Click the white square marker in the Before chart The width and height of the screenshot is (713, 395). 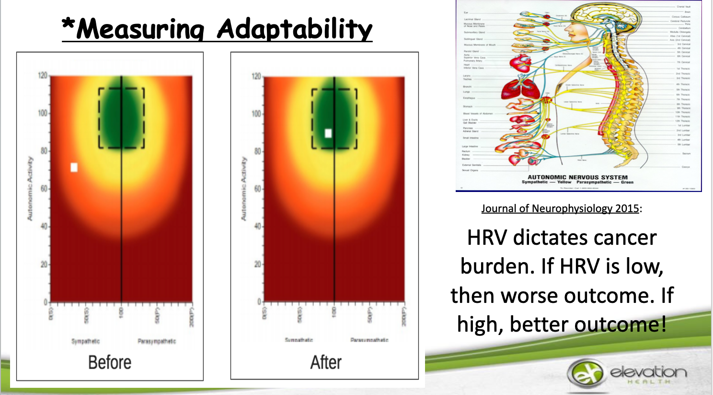coord(74,167)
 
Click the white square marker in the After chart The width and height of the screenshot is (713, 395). coord(328,133)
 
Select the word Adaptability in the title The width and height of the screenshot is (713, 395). coord(294,29)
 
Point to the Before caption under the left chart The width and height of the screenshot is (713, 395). coord(110,362)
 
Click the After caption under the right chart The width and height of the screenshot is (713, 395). coord(326,362)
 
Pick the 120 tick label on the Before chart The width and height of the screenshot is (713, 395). coord(43,76)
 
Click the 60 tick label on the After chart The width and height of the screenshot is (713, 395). coord(257,189)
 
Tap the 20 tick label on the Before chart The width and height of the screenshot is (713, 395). coord(44,264)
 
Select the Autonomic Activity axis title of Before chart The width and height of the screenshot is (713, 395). coord(30,189)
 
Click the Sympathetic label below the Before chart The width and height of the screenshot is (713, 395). coord(85,341)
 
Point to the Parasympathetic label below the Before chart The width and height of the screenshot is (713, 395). coord(157,341)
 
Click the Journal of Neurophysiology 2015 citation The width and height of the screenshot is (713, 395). coord(560,208)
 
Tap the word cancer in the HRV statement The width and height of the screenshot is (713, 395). coord(626,238)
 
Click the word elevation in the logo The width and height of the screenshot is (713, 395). coord(648,371)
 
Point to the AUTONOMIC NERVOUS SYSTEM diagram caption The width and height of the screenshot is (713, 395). coord(577,177)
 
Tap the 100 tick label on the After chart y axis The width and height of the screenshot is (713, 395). coord(256,114)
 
